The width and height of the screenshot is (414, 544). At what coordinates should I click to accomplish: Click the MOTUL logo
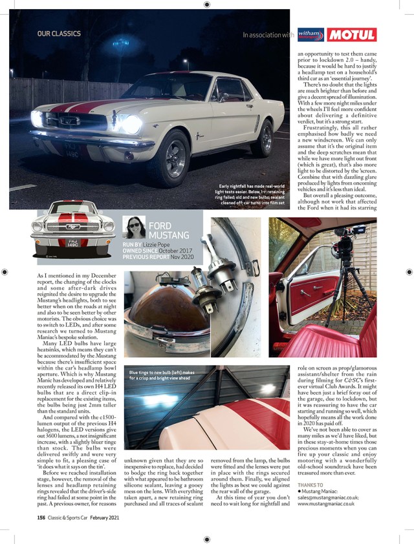point(351,35)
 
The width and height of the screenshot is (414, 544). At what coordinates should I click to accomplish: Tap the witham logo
point(310,35)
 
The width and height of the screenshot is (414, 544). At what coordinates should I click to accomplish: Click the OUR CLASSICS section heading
point(59,34)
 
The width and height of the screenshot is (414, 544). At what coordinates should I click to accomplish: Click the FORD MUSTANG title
point(169,230)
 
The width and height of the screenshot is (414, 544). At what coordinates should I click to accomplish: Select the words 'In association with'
point(268,36)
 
